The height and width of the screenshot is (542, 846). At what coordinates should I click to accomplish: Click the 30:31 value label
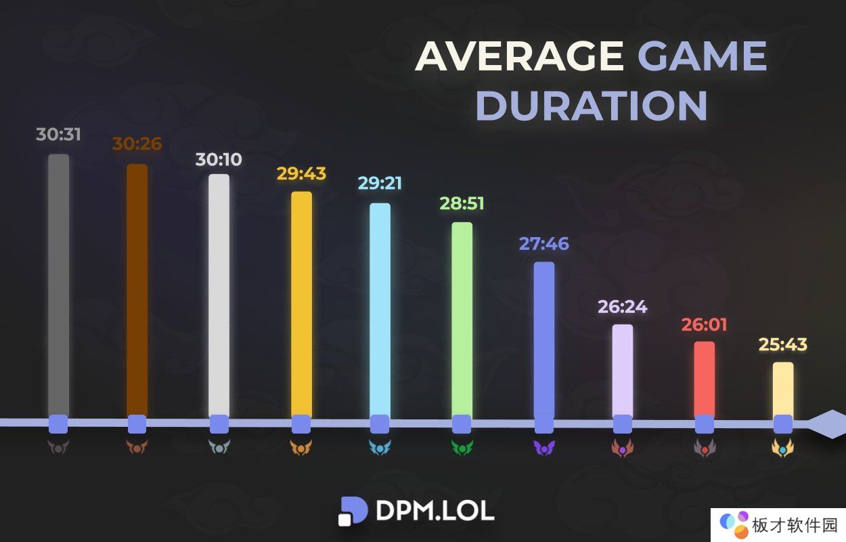[x=58, y=134]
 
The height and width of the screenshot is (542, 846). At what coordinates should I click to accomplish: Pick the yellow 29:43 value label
[x=301, y=173]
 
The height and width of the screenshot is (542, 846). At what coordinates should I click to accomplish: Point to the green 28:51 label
[x=462, y=203]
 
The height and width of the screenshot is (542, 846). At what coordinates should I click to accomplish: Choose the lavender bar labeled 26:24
[x=623, y=369]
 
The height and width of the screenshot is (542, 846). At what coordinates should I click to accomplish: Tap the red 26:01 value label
[x=704, y=325]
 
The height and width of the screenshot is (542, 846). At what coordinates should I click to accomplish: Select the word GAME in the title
[x=703, y=57]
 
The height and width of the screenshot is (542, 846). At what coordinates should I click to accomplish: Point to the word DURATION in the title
[x=592, y=106]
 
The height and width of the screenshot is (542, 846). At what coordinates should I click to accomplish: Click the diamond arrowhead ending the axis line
[x=827, y=424]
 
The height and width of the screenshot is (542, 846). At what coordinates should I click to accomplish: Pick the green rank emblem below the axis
[x=462, y=448]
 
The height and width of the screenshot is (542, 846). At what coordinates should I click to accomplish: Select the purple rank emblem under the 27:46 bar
[x=544, y=448]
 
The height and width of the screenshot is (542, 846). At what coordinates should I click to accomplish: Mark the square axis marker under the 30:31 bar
[x=58, y=424]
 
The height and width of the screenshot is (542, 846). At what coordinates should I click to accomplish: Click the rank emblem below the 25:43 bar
[x=783, y=448]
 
